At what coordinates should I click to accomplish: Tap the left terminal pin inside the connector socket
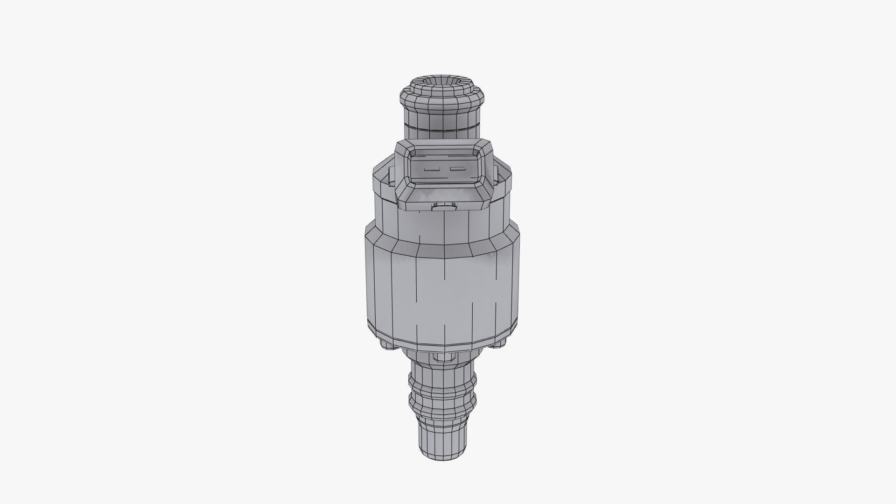(x=432, y=170)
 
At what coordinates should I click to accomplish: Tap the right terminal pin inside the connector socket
(x=457, y=168)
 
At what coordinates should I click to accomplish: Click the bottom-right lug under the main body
(x=500, y=343)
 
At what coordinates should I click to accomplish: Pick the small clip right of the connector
(x=499, y=175)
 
